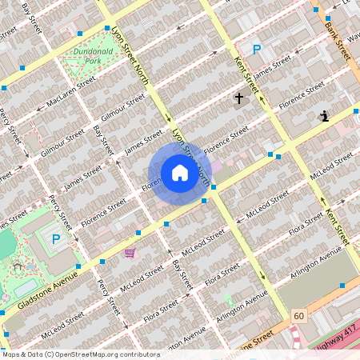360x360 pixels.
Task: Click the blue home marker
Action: point(180,174)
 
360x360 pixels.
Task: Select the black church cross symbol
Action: point(238,98)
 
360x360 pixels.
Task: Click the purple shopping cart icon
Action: point(130,253)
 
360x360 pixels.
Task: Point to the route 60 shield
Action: point(299,316)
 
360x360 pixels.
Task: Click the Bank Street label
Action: point(338,31)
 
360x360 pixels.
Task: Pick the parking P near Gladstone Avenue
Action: point(56,238)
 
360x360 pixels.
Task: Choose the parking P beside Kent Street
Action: point(257,50)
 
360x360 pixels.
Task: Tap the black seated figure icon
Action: point(324,116)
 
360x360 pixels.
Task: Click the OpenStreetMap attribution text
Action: point(80,354)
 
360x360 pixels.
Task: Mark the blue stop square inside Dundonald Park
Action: point(107,27)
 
